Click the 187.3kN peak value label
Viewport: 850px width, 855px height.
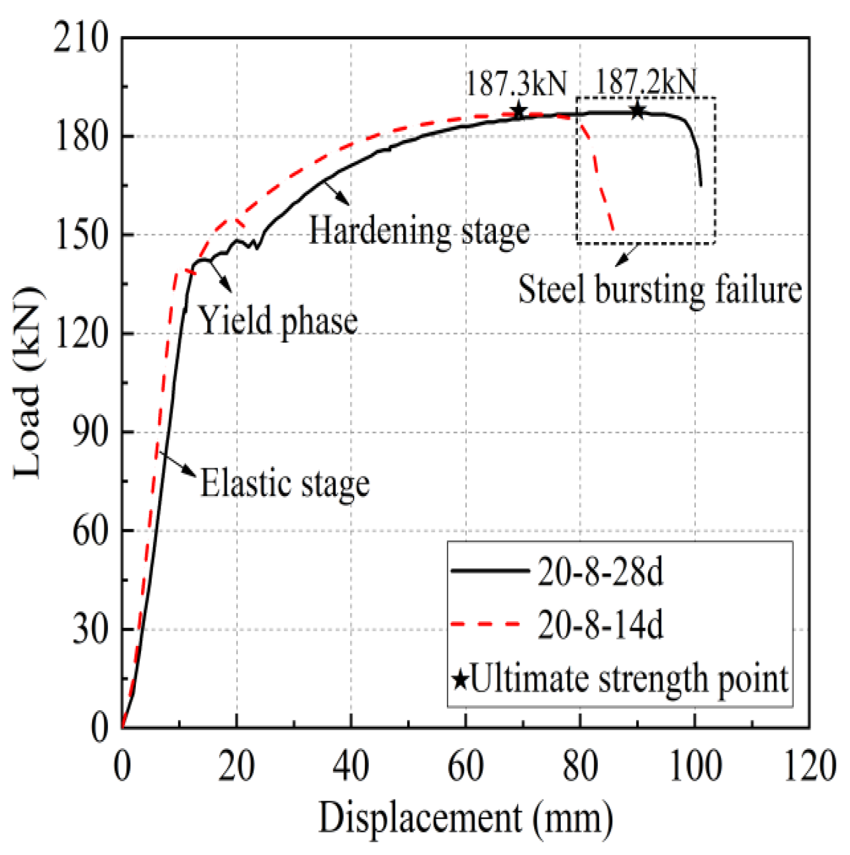[516, 84]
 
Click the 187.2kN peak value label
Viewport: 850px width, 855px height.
[646, 82]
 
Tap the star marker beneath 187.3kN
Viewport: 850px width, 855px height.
[518, 111]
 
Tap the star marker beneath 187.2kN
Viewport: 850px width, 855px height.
[637, 110]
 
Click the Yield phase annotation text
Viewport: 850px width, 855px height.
[277, 321]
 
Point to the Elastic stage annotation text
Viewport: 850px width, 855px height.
[285, 484]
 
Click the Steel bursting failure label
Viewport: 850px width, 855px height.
[659, 290]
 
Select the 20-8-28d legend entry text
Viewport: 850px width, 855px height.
[600, 572]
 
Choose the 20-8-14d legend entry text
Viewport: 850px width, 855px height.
[600, 624]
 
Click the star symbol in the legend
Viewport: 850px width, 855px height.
[460, 679]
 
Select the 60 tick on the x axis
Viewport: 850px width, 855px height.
[466, 766]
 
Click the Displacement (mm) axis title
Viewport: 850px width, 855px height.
[466, 818]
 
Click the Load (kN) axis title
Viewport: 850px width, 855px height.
[28, 383]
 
